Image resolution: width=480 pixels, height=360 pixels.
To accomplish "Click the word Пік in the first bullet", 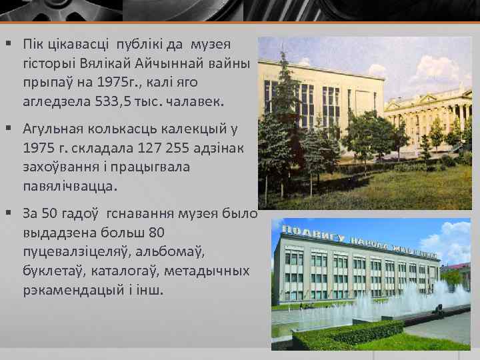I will pyautogui.click(x=32, y=44).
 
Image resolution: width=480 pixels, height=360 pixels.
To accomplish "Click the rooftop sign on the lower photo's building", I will pyautogui.click(x=360, y=242).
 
